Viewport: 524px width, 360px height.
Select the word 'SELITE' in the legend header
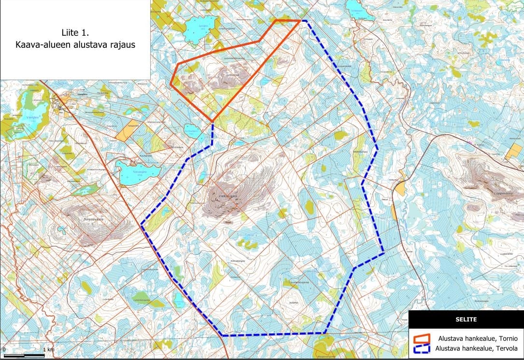pos(466,319)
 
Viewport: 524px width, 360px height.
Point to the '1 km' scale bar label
pos(48,349)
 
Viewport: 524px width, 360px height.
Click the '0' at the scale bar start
pos(4,349)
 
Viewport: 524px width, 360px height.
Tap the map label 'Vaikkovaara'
pos(226,196)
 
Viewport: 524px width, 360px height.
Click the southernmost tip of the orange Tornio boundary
pos(212,121)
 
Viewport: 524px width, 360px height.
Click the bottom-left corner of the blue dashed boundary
pos(222,335)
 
